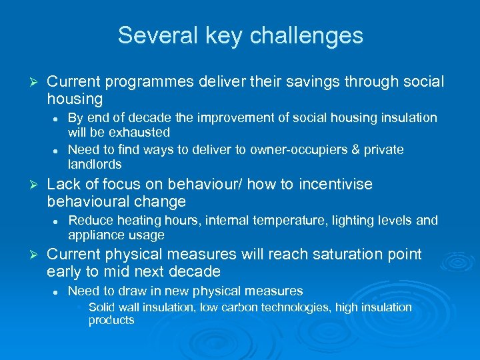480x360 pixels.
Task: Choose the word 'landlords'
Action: (x=95, y=164)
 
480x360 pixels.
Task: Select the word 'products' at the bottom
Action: (x=111, y=320)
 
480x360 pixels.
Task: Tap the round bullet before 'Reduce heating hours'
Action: (x=58, y=221)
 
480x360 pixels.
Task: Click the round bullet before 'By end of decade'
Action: (x=58, y=118)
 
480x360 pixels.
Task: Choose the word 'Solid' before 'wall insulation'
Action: (x=102, y=307)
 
